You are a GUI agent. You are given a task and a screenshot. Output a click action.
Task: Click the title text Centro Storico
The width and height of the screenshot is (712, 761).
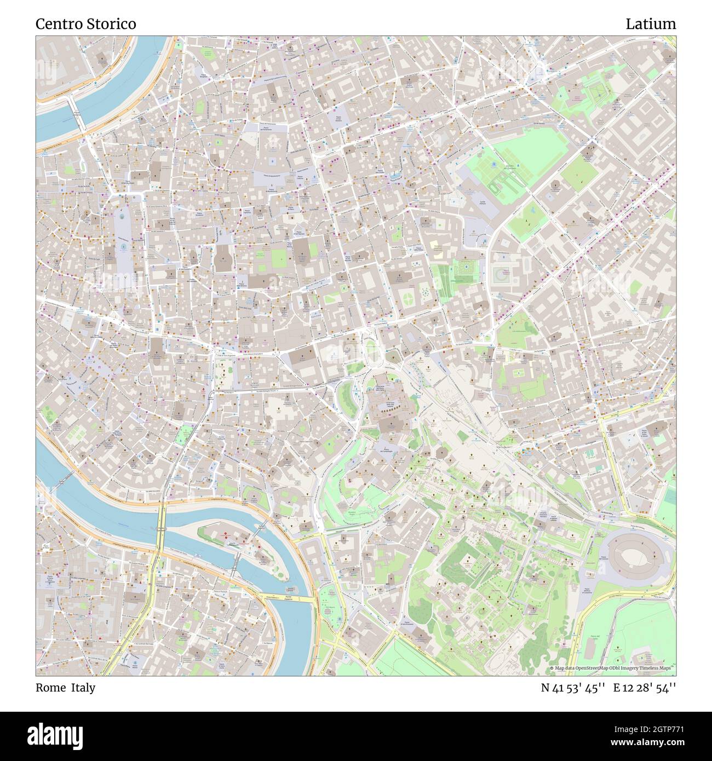86,24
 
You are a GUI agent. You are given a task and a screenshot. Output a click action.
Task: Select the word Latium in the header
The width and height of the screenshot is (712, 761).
651,24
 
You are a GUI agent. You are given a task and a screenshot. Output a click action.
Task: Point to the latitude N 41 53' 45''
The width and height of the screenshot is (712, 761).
573,688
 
